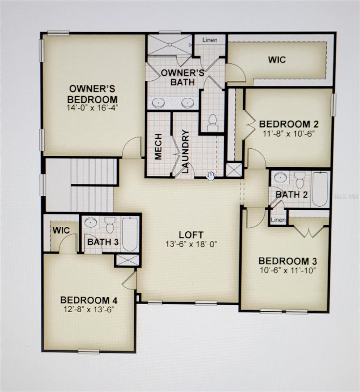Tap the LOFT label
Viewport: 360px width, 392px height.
191,235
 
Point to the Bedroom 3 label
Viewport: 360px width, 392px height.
288,261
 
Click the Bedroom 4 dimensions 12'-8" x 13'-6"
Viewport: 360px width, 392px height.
89,309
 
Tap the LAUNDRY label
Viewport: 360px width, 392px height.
185,151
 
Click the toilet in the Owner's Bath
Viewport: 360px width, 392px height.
212,122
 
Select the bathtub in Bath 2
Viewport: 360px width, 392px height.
320,189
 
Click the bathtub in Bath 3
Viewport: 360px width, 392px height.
130,234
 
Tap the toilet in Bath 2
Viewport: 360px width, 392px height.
300,180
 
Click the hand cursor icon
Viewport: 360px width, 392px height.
211,176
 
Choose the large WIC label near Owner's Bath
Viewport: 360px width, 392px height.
277,60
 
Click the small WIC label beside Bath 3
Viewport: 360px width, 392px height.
61,230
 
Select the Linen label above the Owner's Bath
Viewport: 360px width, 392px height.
210,40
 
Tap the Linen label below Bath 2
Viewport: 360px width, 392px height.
278,220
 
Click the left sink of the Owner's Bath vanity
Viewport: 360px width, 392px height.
158,103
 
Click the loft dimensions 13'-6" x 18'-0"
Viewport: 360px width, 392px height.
191,244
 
